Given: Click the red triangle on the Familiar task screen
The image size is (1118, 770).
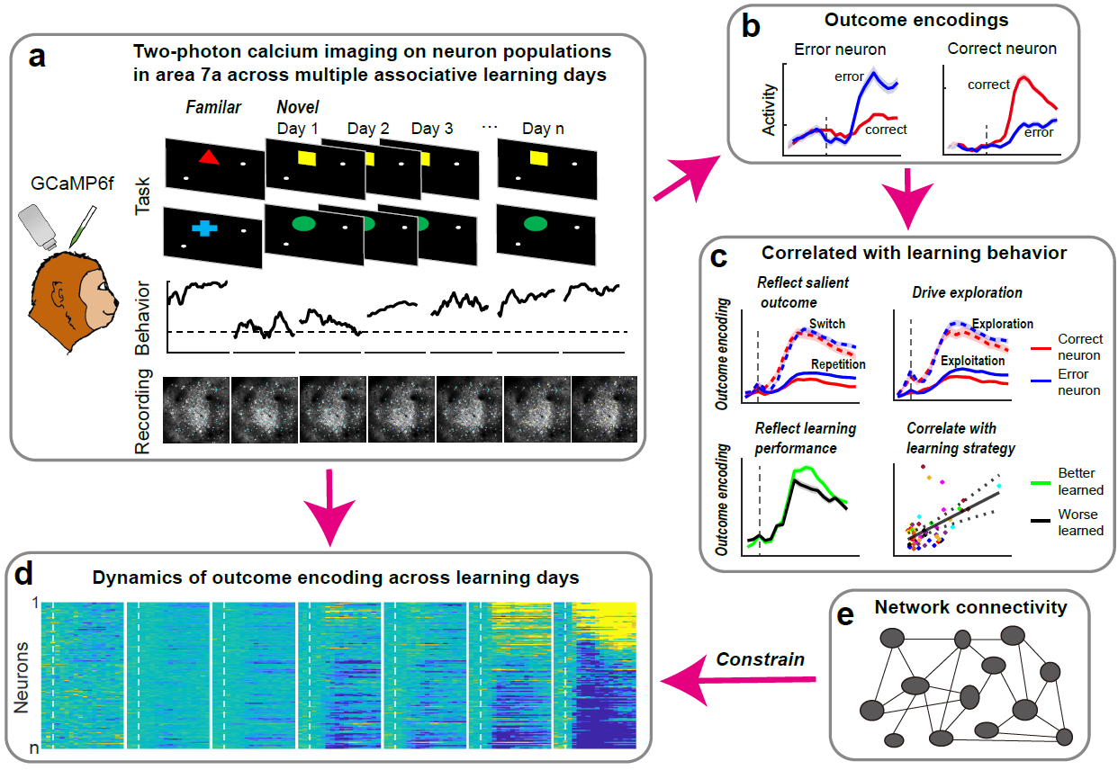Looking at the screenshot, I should point(208,158).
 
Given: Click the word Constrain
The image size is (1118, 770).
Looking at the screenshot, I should point(760,658).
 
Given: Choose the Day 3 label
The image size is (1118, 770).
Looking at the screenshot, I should point(431,129).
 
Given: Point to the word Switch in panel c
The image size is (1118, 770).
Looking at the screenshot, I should point(826,324).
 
